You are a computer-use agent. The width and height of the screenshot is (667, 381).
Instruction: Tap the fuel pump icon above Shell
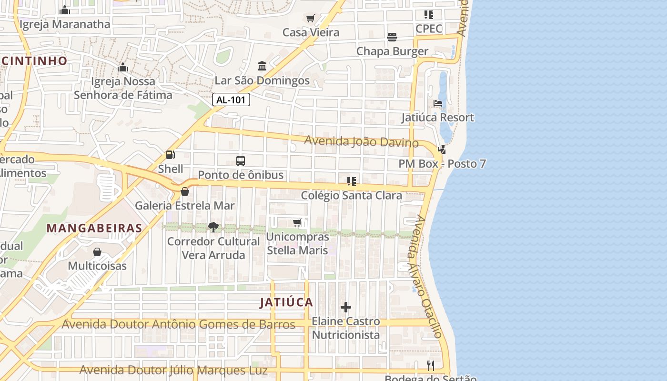pyautogui.click(x=170, y=155)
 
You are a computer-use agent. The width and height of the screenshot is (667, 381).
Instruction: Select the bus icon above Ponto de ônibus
pyautogui.click(x=241, y=161)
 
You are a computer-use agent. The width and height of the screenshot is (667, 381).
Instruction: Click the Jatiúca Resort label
pyautogui.click(x=437, y=118)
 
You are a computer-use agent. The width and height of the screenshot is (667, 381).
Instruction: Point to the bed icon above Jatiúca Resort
pyautogui.click(x=438, y=103)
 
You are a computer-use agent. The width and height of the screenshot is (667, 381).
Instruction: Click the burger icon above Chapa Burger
pyautogui.click(x=392, y=37)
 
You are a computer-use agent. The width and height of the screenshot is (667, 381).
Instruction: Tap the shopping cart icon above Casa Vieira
pyautogui.click(x=311, y=19)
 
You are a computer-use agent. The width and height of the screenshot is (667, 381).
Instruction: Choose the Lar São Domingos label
pyautogui.click(x=262, y=80)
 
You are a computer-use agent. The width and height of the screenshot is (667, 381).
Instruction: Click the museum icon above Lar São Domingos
pyautogui.click(x=262, y=66)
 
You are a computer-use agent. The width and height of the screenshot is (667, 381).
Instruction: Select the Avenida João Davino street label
pyautogui.click(x=362, y=141)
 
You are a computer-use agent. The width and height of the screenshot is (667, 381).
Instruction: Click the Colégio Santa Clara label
pyautogui.click(x=352, y=195)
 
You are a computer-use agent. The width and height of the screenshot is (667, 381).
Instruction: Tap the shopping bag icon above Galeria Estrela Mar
pyautogui.click(x=185, y=191)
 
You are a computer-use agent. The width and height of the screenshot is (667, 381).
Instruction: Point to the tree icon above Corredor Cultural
pyautogui.click(x=213, y=227)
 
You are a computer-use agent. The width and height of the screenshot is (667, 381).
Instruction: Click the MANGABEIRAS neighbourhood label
pyautogui.click(x=94, y=228)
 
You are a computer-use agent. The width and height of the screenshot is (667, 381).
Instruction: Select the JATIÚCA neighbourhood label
pyautogui.click(x=286, y=302)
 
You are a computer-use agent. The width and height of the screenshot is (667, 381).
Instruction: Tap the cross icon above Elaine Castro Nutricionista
pyautogui.click(x=346, y=307)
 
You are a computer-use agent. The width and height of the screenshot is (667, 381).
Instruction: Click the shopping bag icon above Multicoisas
pyautogui.click(x=97, y=251)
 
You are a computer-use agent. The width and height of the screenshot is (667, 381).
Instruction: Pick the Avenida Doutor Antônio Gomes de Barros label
pyautogui.click(x=179, y=325)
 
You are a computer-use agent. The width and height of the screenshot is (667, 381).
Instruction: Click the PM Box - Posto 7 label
pyautogui.click(x=442, y=164)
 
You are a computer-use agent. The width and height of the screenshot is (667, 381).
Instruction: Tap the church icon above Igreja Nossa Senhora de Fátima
pyautogui.click(x=123, y=67)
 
